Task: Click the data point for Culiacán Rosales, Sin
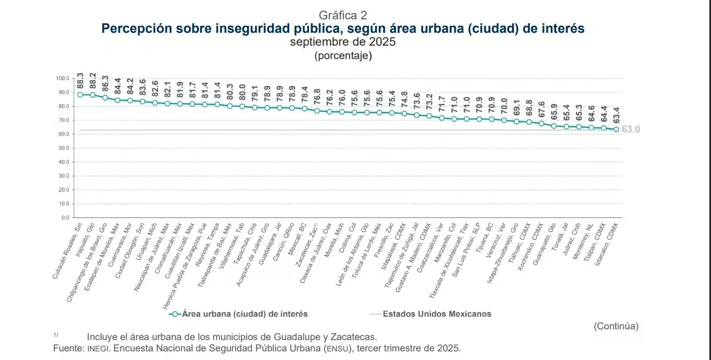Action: pos(80,95)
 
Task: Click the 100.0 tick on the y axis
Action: pos(62,78)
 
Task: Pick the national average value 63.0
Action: pos(631,129)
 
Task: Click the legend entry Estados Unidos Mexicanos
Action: pos(436,314)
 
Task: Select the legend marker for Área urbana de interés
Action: pos(174,314)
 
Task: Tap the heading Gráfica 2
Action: pos(343,15)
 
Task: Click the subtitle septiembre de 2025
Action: pos(343,42)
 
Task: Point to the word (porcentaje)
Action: pos(343,55)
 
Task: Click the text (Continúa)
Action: pos(616,326)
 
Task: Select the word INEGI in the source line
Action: pos(98,348)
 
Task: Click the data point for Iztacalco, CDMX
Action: pos(616,129)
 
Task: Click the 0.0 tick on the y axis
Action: pos(64,218)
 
